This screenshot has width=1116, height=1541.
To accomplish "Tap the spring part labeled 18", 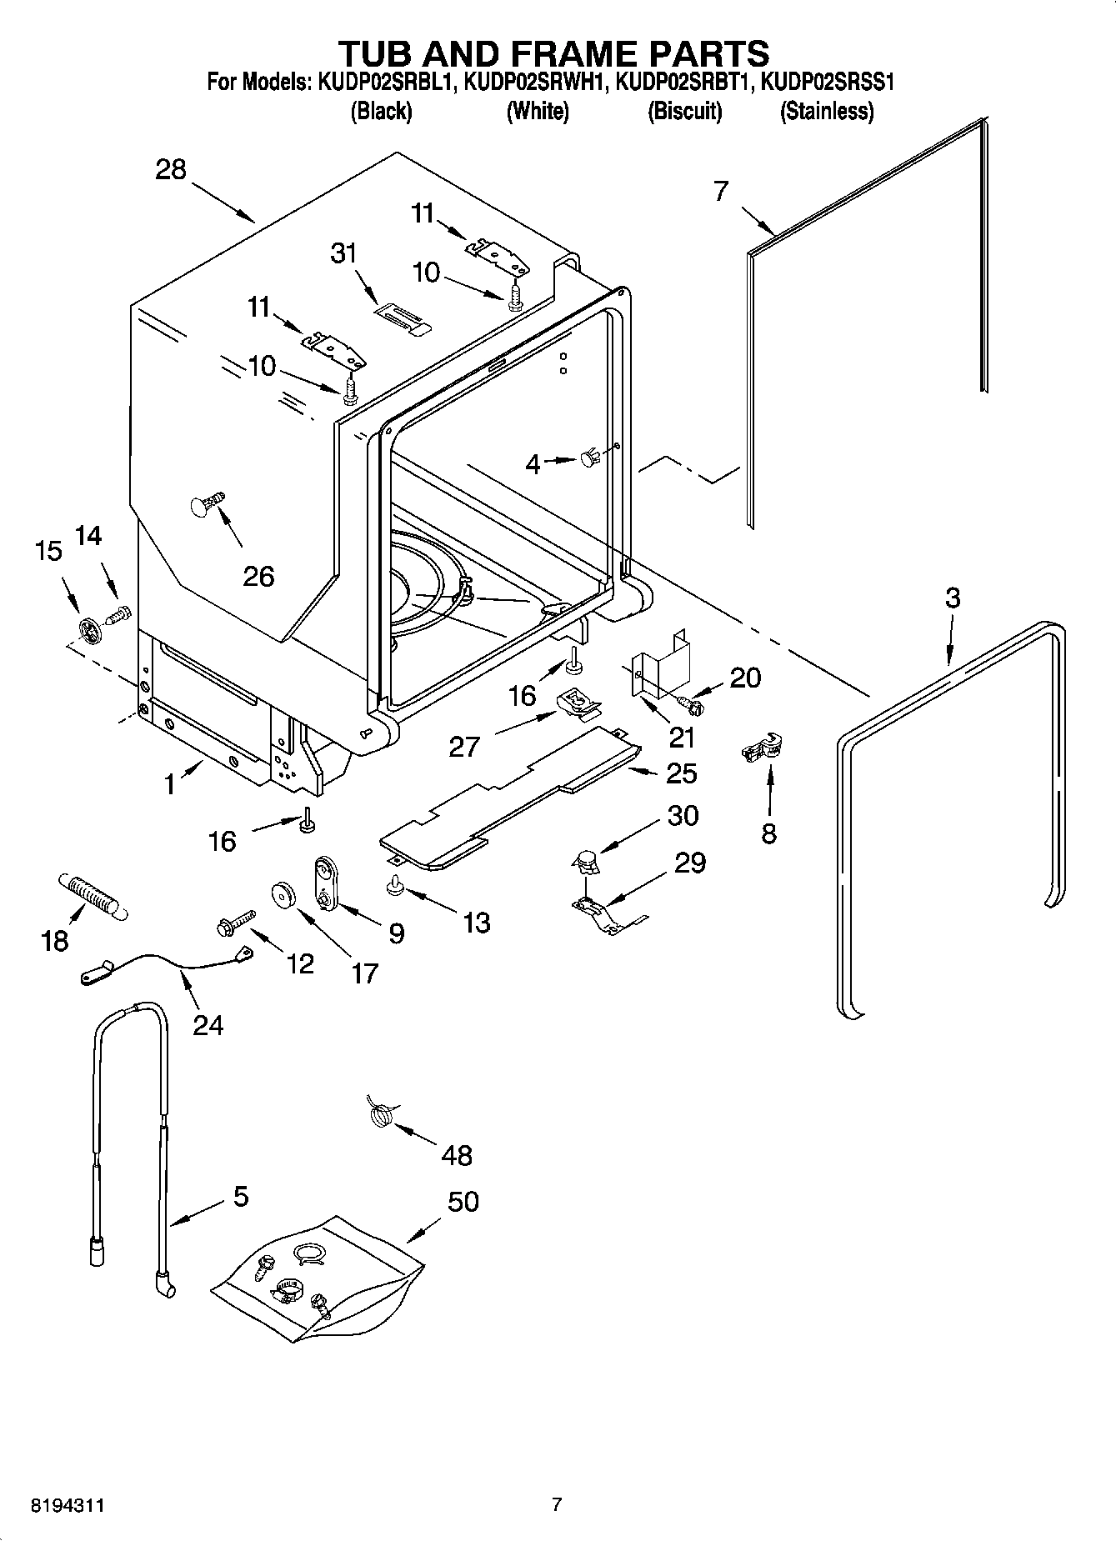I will tap(90, 896).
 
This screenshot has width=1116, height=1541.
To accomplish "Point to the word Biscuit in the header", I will tap(684, 111).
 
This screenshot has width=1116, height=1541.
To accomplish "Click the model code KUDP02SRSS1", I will tap(828, 83).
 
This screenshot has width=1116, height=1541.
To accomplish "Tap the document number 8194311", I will tap(68, 1505).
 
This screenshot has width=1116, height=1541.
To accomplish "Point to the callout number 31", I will tap(343, 253).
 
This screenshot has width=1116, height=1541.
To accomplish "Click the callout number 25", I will tap(681, 773).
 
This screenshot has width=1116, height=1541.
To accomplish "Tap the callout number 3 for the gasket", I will tap(952, 598).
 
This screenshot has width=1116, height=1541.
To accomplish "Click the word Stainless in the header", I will tap(826, 111).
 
